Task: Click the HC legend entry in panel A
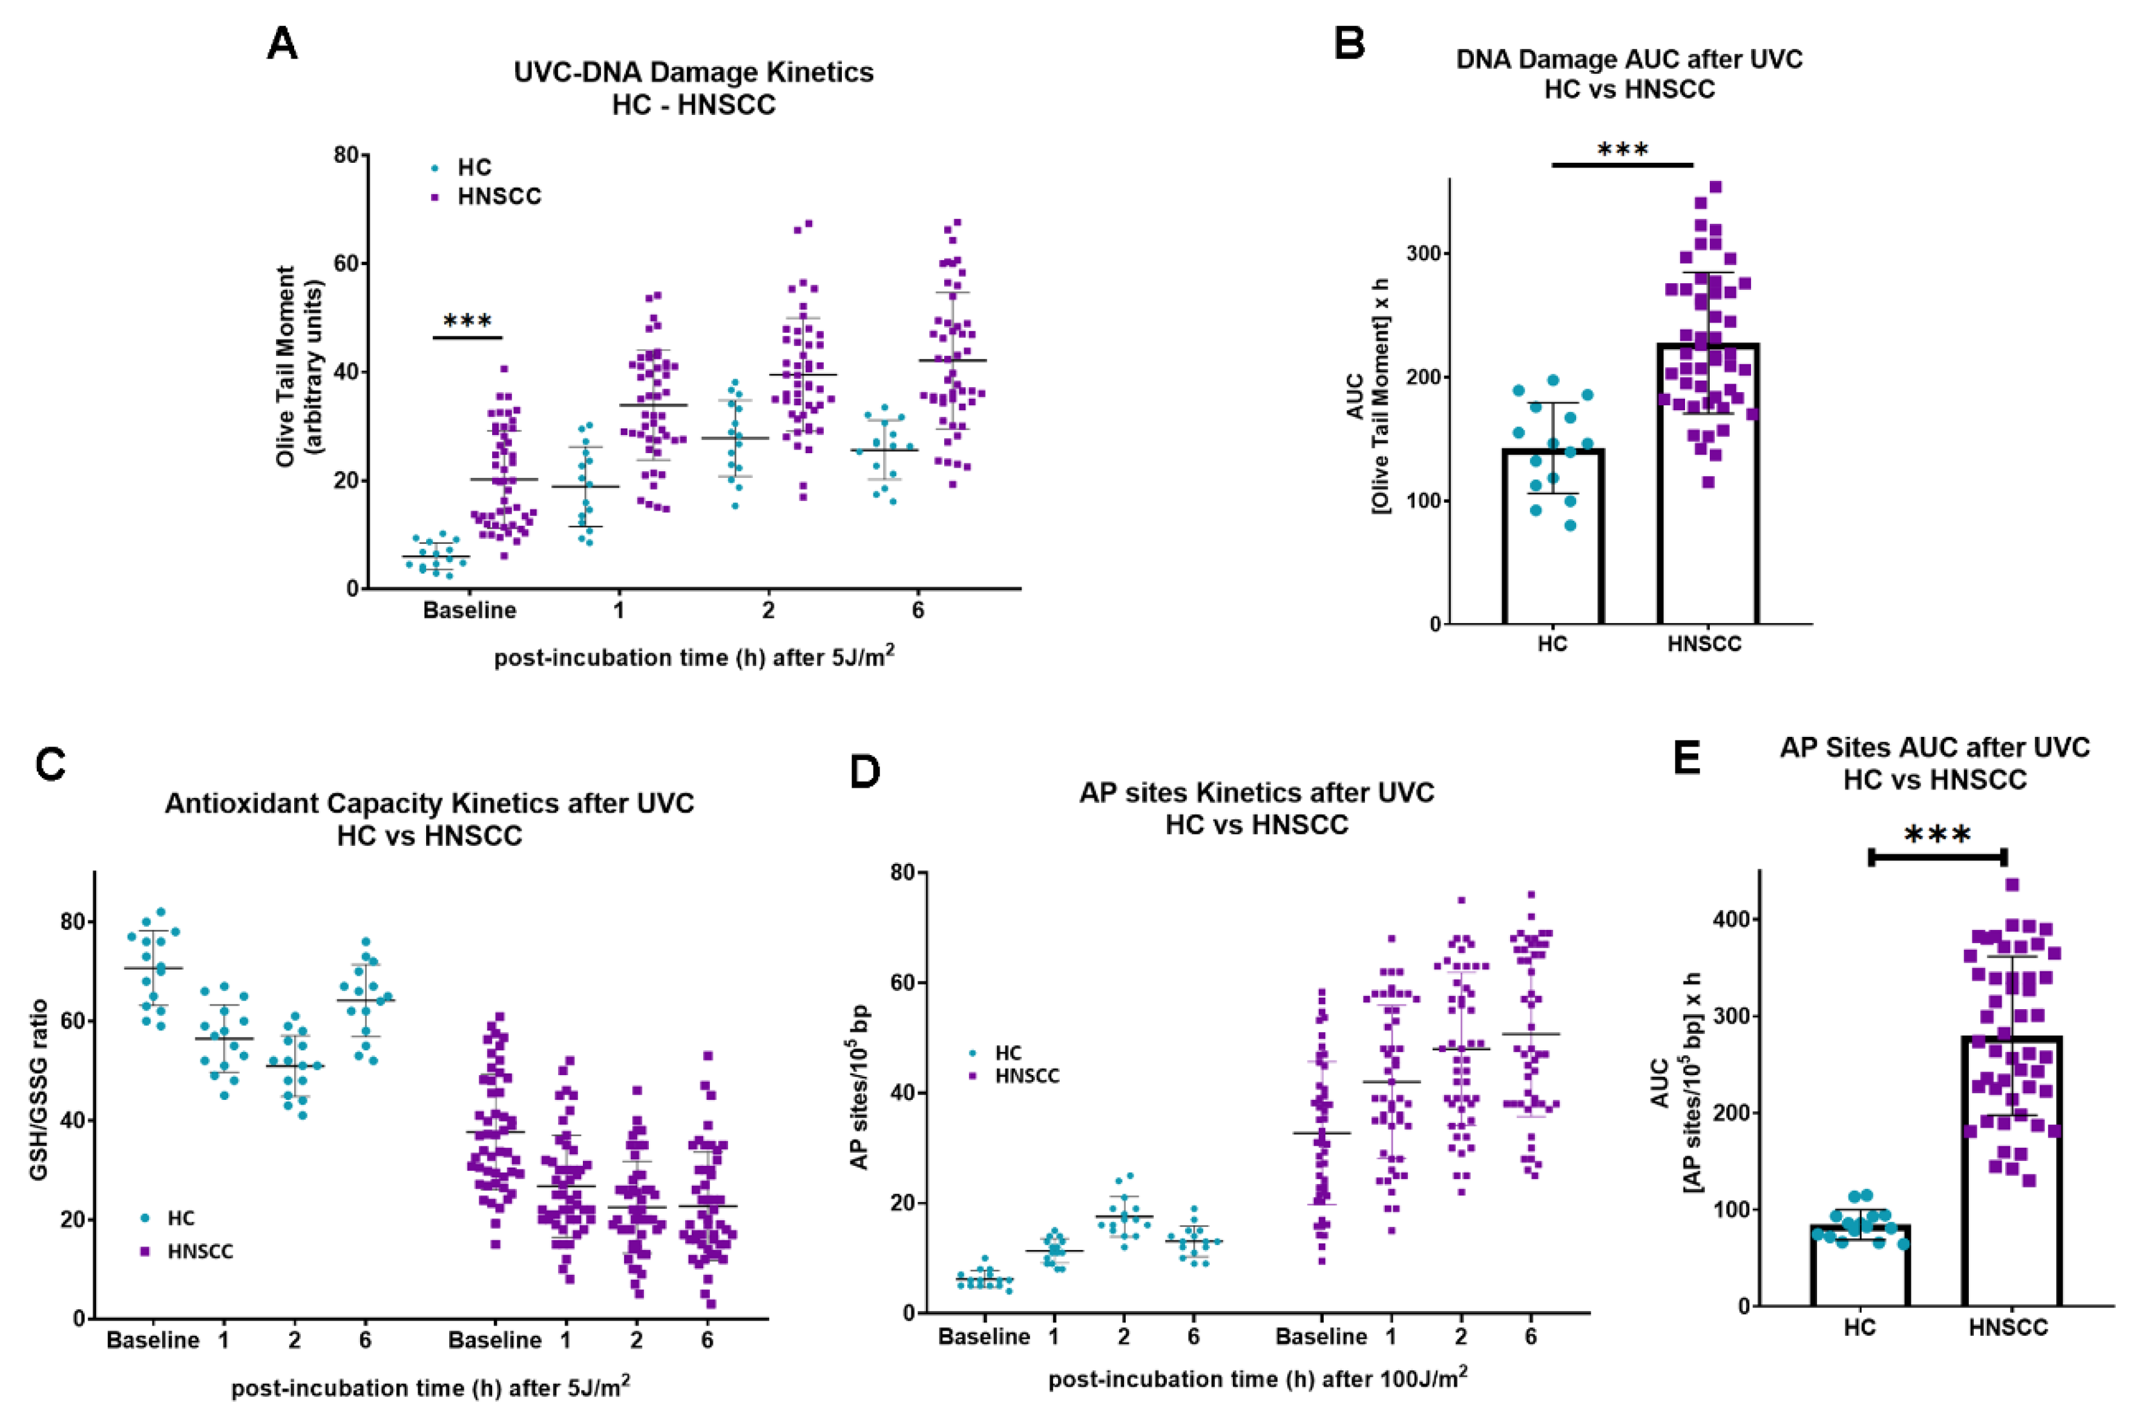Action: pyautogui.click(x=473, y=168)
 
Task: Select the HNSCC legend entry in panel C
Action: pyautogui.click(x=200, y=1251)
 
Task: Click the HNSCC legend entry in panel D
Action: pyautogui.click(x=1027, y=1076)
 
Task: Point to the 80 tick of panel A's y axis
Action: pyautogui.click(x=347, y=155)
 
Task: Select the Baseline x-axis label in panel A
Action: pyautogui.click(x=469, y=610)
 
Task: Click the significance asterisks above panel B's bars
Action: pyautogui.click(x=1623, y=150)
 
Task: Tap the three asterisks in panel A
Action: pyautogui.click(x=467, y=322)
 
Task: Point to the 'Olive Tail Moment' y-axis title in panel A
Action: pyautogui.click(x=286, y=367)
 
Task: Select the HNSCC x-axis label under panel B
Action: pyautogui.click(x=1704, y=644)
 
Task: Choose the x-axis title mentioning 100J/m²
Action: pyautogui.click(x=1257, y=1379)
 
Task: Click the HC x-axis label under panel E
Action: pyautogui.click(x=1859, y=1328)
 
